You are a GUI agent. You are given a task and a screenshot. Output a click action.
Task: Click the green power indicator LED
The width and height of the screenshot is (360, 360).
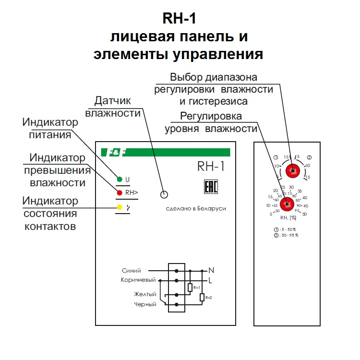click(x=119, y=180)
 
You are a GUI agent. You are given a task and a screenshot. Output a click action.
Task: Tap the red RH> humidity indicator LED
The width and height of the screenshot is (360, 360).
click(x=119, y=193)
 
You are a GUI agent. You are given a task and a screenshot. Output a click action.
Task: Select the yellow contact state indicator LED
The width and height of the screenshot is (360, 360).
click(x=119, y=207)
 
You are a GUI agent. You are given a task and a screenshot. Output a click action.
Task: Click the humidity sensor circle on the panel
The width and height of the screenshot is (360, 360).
click(x=164, y=194)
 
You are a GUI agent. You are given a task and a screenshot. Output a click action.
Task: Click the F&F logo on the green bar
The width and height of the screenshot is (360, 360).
click(x=115, y=153)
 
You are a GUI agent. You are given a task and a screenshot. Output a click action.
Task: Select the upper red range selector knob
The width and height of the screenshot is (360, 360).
click(x=291, y=170)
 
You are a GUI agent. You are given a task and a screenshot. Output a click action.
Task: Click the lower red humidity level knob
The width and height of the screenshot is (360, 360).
click(x=287, y=204)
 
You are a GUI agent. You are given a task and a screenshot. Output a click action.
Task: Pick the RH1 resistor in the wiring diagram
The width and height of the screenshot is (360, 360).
click(x=191, y=288)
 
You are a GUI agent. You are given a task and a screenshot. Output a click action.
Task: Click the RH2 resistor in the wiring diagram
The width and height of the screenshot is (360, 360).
click(x=202, y=297)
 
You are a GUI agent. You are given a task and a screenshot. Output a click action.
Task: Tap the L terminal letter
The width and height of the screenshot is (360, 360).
click(x=210, y=280)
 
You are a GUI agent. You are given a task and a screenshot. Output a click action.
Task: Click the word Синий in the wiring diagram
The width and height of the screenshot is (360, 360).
click(x=132, y=271)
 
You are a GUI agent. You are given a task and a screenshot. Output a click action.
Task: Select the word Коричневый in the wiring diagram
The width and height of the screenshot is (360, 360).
click(x=138, y=280)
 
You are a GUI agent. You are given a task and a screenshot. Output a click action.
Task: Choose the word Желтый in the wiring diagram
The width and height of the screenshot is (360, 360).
click(x=145, y=294)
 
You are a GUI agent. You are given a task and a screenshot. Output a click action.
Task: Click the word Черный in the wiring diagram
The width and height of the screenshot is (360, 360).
click(x=145, y=304)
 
